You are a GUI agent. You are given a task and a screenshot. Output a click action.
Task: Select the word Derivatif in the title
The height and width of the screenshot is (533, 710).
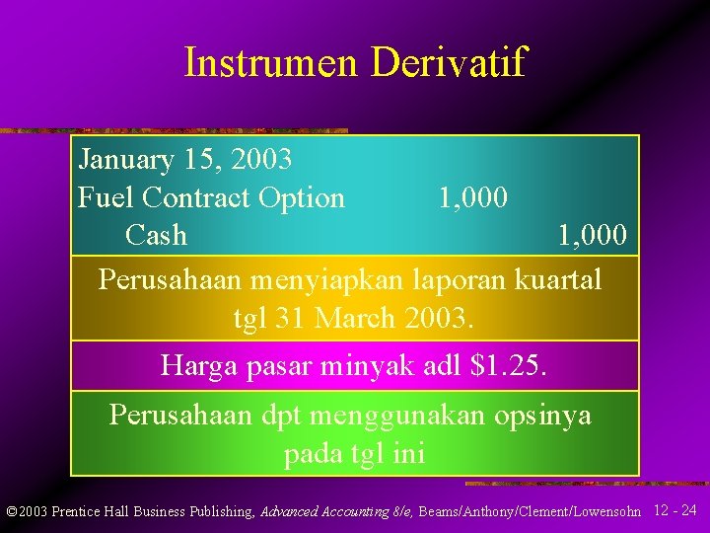pyautogui.click(x=449, y=62)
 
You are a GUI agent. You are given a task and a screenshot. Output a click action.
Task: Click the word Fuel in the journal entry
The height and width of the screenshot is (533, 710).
pyautogui.click(x=106, y=197)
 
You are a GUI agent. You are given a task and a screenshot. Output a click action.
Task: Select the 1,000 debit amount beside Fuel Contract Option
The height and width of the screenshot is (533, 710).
pyautogui.click(x=473, y=197)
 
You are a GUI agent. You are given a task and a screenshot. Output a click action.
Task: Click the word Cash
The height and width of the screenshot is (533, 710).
pyautogui.click(x=156, y=235)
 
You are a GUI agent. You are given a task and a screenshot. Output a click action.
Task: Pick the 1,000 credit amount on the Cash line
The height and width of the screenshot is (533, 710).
pyautogui.click(x=592, y=235)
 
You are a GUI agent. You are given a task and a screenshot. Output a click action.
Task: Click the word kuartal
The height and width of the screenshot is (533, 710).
pyautogui.click(x=558, y=279)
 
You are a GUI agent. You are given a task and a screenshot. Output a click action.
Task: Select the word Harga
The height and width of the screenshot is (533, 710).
pyautogui.click(x=194, y=366)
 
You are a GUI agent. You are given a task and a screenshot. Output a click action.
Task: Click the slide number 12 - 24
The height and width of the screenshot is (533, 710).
pyautogui.click(x=675, y=510)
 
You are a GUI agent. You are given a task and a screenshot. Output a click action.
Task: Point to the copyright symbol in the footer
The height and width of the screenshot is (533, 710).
pyautogui.click(x=11, y=511)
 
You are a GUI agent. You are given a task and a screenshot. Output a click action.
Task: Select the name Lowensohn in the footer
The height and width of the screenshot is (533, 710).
pyautogui.click(x=606, y=511)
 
